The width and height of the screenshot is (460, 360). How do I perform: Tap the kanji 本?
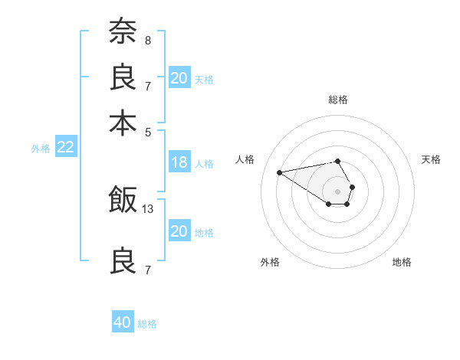tap(123, 123)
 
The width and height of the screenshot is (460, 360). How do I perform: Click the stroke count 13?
tap(148, 209)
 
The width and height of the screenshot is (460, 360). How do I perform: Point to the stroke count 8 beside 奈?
tap(148, 39)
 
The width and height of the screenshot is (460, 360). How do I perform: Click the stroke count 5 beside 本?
tap(148, 131)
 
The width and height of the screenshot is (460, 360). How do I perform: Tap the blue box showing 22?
tap(65, 148)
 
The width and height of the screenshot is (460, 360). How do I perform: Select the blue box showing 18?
tap(179, 162)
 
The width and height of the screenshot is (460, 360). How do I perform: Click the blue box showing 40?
tap(123, 323)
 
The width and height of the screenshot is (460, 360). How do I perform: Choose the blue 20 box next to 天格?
tap(179, 78)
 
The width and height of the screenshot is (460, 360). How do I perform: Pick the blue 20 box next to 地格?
tap(179, 231)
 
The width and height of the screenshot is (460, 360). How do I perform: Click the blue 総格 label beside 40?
tap(147, 324)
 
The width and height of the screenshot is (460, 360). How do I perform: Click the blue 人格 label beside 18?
tap(204, 163)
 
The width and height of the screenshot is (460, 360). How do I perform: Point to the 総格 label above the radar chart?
tap(337, 100)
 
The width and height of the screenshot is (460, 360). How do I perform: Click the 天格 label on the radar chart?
tap(431, 159)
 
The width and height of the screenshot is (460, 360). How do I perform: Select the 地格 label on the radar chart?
tap(402, 262)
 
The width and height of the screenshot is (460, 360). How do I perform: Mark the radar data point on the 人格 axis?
tap(279, 172)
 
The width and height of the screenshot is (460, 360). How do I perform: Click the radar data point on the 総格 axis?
tap(337, 161)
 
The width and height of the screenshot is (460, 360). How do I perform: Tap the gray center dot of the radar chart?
tap(337, 190)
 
